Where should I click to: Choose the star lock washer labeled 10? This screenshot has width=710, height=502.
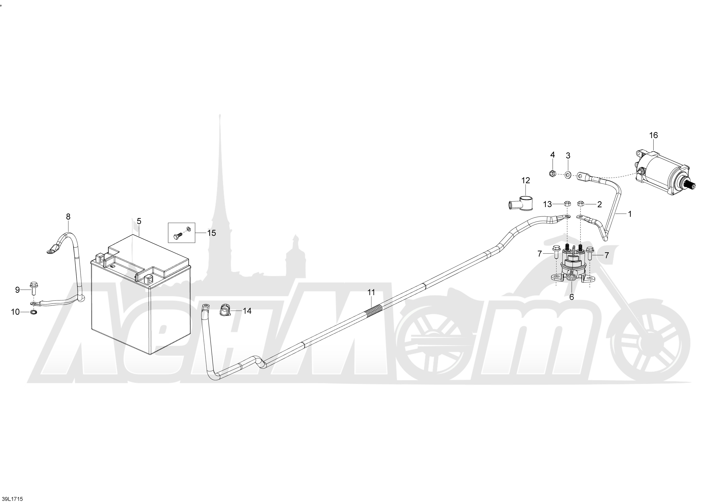32,312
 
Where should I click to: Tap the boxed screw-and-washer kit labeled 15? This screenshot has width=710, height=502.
181,233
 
